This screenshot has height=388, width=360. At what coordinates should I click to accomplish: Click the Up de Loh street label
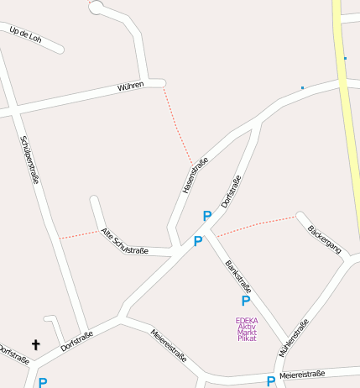coord(24,34)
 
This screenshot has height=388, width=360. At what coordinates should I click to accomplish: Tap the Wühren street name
coord(131,85)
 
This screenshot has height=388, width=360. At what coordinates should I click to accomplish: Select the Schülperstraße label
coord(29,160)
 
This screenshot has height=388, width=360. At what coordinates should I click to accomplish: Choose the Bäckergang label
coord(324,240)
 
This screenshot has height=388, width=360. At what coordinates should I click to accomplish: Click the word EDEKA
coord(247,320)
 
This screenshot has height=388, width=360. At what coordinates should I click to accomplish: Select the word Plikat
coord(247,338)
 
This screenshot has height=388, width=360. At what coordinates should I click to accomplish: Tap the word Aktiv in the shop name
coord(247,326)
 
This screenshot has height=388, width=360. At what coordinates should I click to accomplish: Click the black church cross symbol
coord(36,344)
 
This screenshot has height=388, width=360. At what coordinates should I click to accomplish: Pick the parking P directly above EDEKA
coord(246,301)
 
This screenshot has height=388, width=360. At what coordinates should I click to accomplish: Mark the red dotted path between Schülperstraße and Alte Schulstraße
coord(79,233)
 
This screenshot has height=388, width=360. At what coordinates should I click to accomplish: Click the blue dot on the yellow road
coord(345,58)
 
